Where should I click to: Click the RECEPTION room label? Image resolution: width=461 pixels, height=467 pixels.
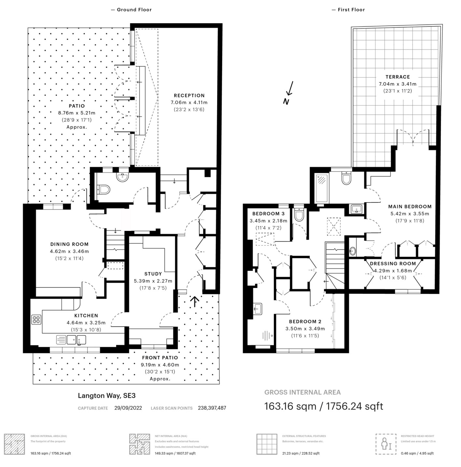tap(189, 96)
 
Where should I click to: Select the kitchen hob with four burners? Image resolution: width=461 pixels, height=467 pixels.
tap(36, 320)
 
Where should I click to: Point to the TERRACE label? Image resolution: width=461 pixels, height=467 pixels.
tap(398, 77)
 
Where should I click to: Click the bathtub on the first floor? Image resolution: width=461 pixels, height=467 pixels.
tap(322, 188)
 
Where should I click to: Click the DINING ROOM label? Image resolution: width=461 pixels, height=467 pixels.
tap(69, 244)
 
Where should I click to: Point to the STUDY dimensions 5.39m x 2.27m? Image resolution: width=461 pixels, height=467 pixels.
tap(153, 281)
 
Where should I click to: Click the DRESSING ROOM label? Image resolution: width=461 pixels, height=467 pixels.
tap(393, 264)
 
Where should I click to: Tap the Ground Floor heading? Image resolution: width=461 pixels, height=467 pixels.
tap(132, 10)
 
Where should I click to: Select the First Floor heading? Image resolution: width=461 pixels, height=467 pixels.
tap(348, 10)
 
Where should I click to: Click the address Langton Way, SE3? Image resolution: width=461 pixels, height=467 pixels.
tap(106, 396)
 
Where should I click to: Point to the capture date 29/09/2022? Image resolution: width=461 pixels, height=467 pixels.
tap(128, 408)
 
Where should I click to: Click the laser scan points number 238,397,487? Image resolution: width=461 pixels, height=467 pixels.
tap(212, 408)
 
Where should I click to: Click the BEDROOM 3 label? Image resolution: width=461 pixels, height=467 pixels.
tap(269, 214)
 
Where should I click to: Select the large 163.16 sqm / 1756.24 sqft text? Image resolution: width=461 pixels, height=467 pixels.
tap(323, 406)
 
